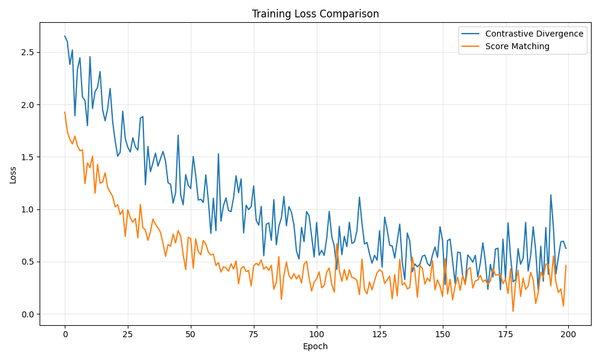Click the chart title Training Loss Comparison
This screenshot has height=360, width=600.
click(x=315, y=14)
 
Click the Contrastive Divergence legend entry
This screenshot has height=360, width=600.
click(x=534, y=34)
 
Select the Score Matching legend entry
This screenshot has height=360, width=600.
click(x=517, y=46)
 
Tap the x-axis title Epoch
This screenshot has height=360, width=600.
click(x=315, y=346)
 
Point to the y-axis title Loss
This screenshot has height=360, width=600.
click(x=13, y=174)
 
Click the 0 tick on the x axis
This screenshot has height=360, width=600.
click(x=65, y=334)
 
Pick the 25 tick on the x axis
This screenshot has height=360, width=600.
click(x=128, y=334)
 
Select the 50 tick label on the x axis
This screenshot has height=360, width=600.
click(x=190, y=334)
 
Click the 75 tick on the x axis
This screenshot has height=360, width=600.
click(x=253, y=334)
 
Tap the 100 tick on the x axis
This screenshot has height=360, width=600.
click(x=316, y=334)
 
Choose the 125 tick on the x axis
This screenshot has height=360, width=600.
click(x=379, y=334)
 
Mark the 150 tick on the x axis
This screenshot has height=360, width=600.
click(x=442, y=334)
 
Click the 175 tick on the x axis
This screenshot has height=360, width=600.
click(x=505, y=334)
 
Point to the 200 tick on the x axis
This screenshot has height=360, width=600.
click(x=568, y=334)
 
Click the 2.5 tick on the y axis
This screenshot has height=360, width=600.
click(x=28, y=52)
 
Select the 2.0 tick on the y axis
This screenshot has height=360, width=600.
click(x=28, y=104)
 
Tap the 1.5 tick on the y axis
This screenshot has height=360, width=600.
click(x=28, y=157)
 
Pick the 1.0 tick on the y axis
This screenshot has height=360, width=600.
click(x=28, y=209)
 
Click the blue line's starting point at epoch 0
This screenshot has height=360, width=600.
click(x=65, y=36)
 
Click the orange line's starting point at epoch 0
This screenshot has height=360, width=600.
click(x=65, y=112)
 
